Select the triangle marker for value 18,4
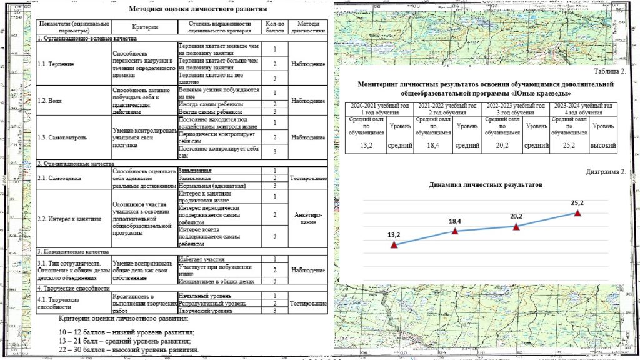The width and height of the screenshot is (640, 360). (455, 231)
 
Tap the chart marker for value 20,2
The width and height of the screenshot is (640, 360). (516, 226)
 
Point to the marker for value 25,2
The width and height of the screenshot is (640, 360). (577, 213)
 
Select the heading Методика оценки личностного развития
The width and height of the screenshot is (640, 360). (198, 9)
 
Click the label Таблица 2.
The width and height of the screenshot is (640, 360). (609, 72)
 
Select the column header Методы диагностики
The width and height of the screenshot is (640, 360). (308, 27)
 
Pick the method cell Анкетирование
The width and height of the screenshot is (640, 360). (308, 218)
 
